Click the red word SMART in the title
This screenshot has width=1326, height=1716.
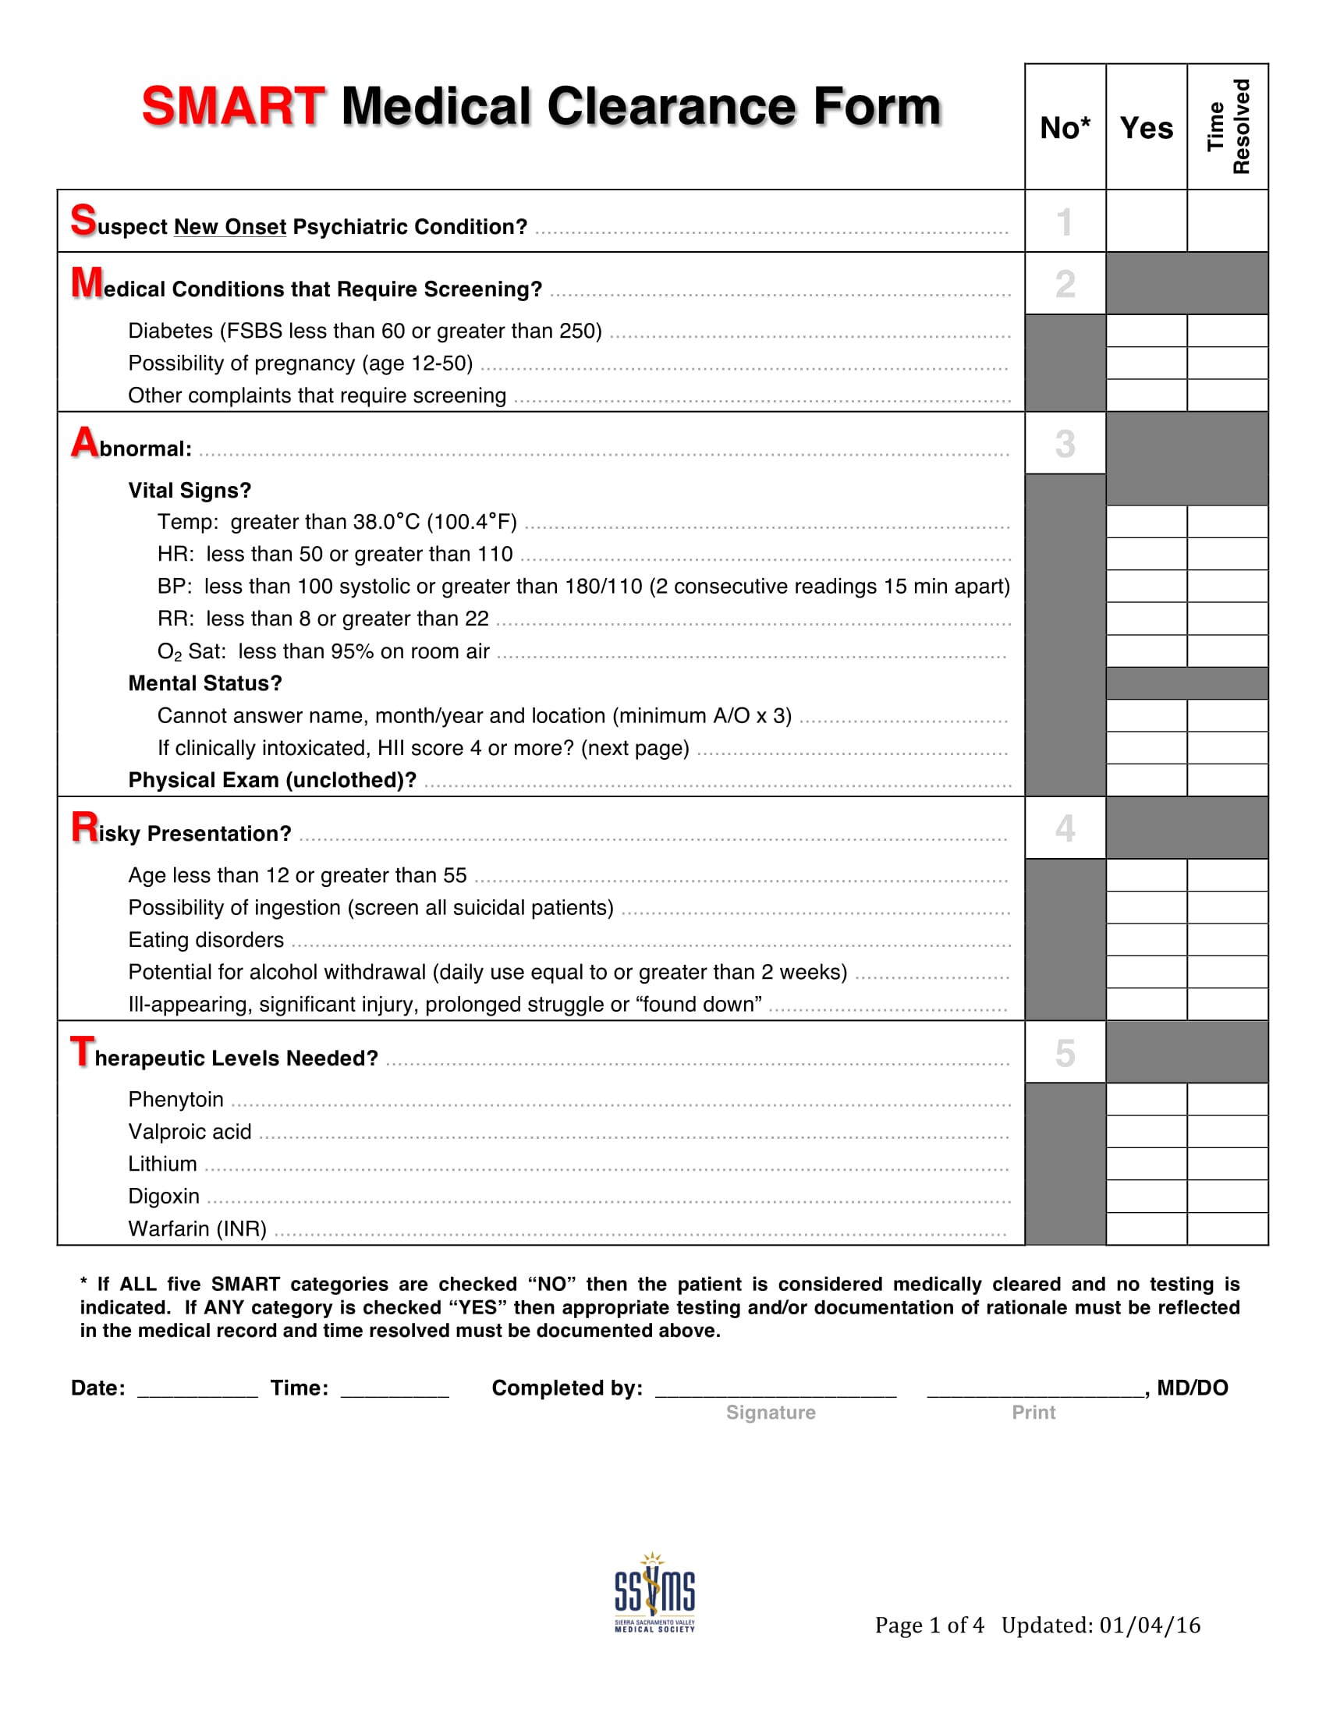coord(232,106)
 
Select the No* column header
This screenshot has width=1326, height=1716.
coord(1065,127)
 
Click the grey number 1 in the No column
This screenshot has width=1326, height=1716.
coord(1065,222)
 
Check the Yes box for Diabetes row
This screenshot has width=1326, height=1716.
coord(1146,331)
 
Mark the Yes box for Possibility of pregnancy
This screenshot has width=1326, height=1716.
coord(1146,363)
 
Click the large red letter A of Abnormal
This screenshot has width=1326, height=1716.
coord(85,442)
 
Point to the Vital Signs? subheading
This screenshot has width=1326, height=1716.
coord(190,491)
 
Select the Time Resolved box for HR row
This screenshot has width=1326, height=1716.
coord(1227,554)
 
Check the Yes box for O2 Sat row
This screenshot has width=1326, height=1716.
coord(1146,651)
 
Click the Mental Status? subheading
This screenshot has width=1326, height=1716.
coord(204,683)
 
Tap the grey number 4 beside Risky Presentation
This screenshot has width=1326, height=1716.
coord(1065,828)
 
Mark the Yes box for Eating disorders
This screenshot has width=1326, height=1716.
coord(1146,940)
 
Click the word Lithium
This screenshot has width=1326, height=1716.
coord(162,1164)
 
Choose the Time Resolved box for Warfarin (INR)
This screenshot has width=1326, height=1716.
coord(1227,1228)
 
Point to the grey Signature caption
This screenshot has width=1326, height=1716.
coord(770,1413)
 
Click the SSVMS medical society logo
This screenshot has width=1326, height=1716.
coord(654,1594)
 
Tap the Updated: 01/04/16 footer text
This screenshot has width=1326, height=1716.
coord(1100,1625)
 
